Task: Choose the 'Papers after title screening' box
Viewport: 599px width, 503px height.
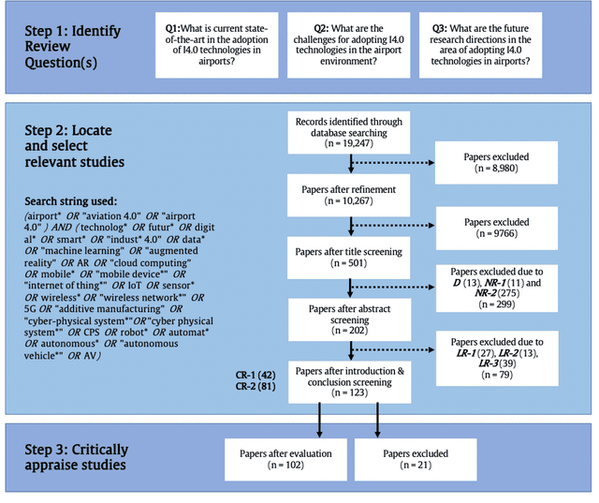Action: tap(350, 255)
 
